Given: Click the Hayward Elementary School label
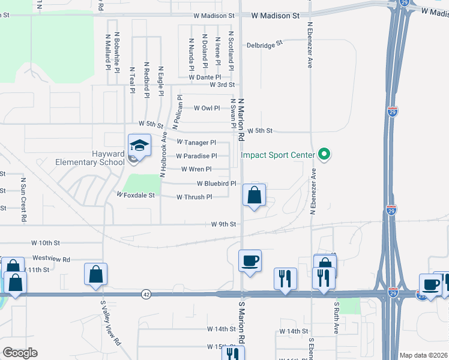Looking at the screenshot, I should pos(90,157).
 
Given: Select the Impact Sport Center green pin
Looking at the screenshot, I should pos(324,155).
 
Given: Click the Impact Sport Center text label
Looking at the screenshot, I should pos(277,155).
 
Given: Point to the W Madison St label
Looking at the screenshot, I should pos(275,16).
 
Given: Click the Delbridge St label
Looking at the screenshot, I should pos(265,45).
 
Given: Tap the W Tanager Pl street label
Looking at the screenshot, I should pos(196,143).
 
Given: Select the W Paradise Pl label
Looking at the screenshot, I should pos(196,156).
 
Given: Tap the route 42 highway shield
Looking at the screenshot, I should pos(146,294).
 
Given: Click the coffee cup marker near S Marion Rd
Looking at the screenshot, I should pos(250,261).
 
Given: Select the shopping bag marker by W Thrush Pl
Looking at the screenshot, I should pos(255,195).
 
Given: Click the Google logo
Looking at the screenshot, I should pos(20,353).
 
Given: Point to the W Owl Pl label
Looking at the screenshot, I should pos(207,109).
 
